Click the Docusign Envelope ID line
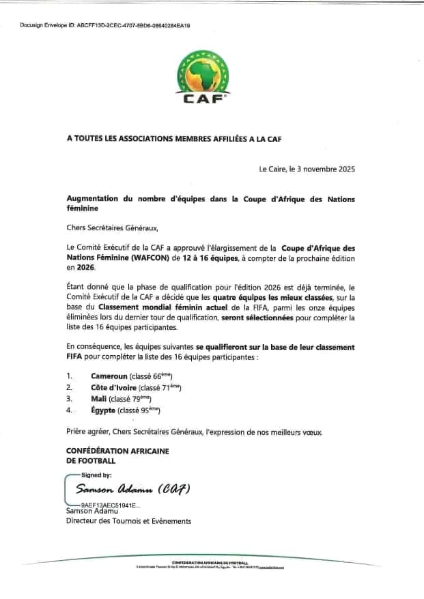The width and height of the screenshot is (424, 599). (105, 25)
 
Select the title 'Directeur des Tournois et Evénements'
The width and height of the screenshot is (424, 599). (128, 521)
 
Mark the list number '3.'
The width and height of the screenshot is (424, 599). (70, 398)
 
